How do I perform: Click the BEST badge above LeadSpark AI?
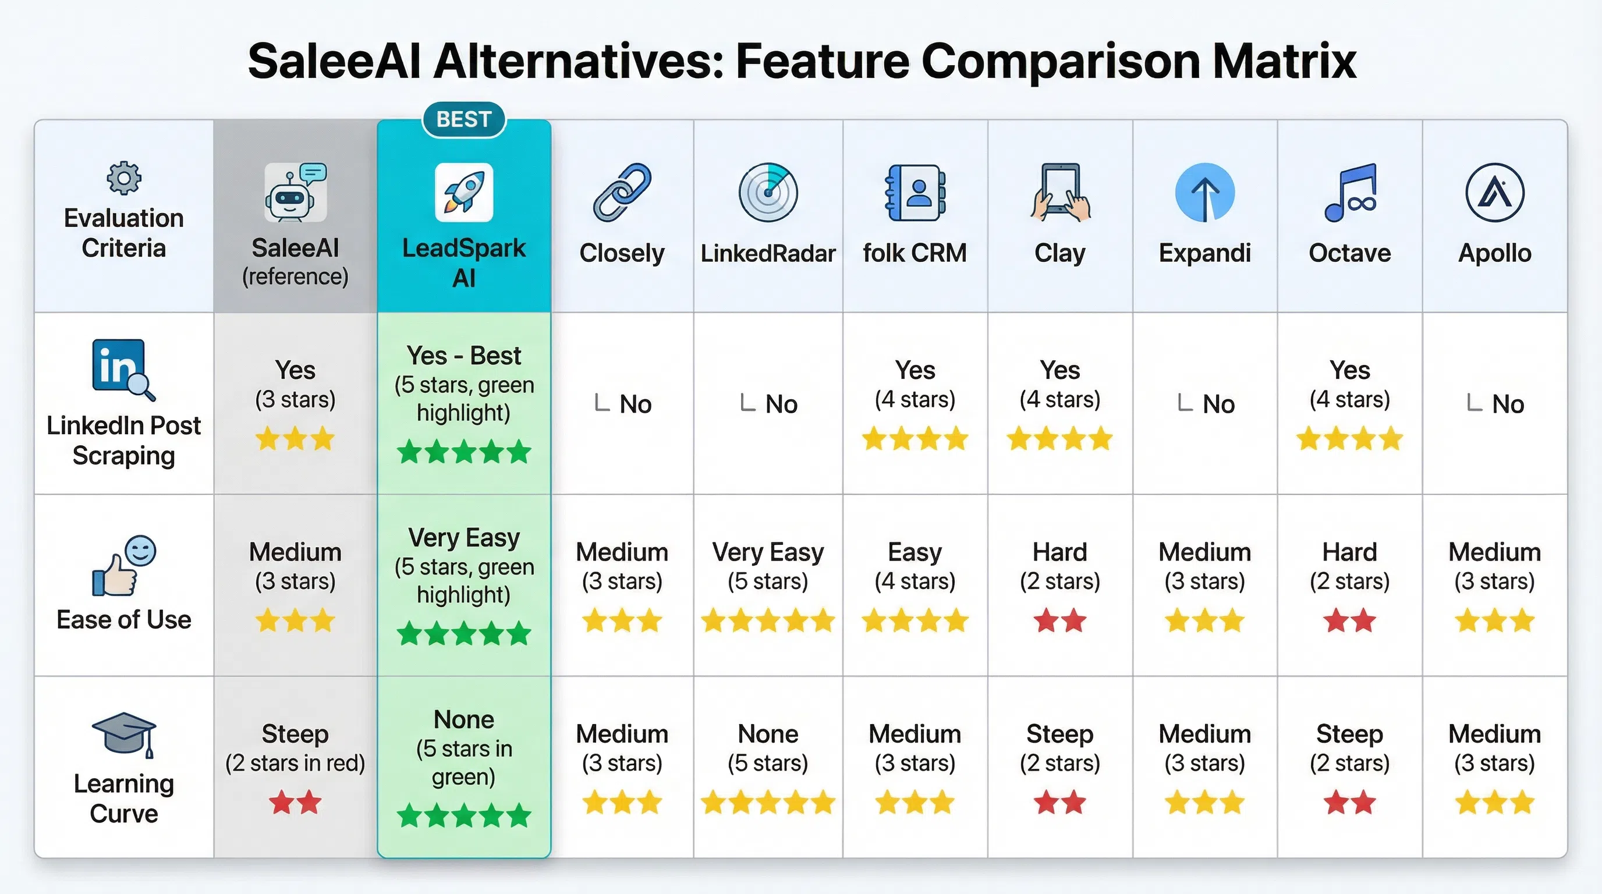tap(464, 119)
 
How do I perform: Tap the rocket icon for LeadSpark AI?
tap(464, 192)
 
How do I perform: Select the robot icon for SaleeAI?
tap(295, 192)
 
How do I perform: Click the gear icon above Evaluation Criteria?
tap(124, 179)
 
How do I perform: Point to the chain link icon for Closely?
tap(622, 192)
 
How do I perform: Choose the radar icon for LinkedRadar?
tap(768, 192)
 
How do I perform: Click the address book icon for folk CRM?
tap(915, 192)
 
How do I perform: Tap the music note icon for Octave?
tap(1350, 192)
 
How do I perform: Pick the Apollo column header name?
tap(1494, 253)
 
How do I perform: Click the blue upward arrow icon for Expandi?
tap(1204, 192)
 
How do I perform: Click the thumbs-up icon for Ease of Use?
tap(123, 566)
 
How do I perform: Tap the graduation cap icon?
tap(124, 734)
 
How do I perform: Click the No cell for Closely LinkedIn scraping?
tap(635, 404)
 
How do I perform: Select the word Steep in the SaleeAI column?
tap(295, 733)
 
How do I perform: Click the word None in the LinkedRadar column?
tap(768, 733)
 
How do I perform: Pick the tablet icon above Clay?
tap(1059, 192)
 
